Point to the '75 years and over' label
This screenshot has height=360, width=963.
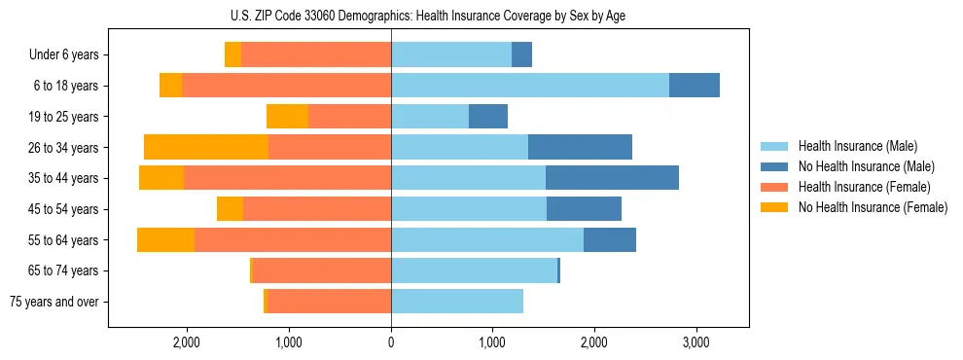coord(54,302)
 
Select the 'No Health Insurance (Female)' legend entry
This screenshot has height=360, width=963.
coord(873,207)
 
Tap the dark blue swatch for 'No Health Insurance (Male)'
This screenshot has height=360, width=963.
coord(774,166)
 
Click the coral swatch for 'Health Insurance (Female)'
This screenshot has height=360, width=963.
coord(774,187)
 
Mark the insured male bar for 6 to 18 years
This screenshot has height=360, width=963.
coord(530,86)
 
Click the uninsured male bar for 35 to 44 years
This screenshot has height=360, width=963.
coord(612,178)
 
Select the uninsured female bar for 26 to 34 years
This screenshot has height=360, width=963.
coord(206,147)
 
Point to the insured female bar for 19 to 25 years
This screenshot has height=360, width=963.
coord(349,117)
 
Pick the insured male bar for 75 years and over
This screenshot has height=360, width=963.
coord(457,302)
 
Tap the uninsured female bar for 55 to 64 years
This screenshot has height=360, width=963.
coord(165,240)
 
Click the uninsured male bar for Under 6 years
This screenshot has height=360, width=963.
coord(521,54)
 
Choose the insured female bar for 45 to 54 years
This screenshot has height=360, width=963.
coord(317,209)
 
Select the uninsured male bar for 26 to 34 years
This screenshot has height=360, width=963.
coord(580,147)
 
